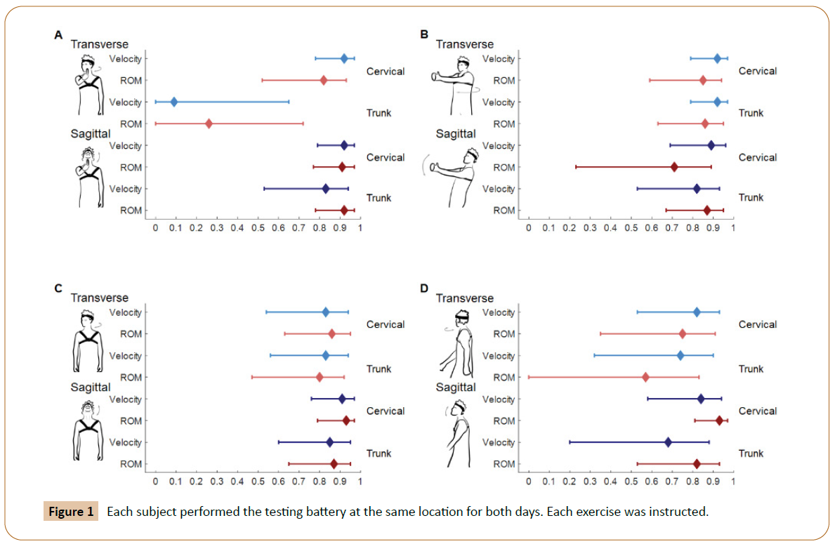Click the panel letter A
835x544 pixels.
coord(58,34)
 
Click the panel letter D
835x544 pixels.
coord(423,288)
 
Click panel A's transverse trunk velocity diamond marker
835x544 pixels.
coord(174,102)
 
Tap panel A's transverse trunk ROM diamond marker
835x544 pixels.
coord(209,124)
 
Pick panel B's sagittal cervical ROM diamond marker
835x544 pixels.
coord(674,167)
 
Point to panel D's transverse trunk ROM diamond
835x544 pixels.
coord(645,378)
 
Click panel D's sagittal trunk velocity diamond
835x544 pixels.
coord(668,442)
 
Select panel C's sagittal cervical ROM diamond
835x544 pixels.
coord(346,421)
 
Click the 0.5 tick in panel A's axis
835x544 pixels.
coord(258,228)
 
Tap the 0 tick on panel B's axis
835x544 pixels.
coord(528,228)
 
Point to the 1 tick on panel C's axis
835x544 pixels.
coord(360,482)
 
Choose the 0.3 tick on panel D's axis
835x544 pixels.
coord(590,482)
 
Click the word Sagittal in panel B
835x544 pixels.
coord(456,133)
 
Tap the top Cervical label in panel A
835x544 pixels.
coord(386,71)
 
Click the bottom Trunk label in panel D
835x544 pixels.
coord(751,453)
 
